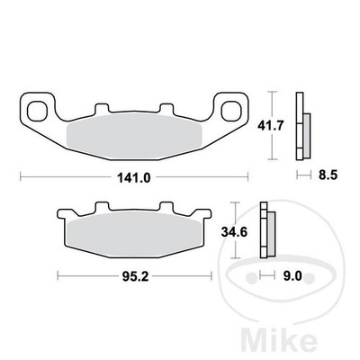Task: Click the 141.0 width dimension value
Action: [x=133, y=178]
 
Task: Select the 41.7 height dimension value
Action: [x=270, y=126]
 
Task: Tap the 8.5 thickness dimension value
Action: [x=328, y=175]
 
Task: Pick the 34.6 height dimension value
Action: [x=234, y=231]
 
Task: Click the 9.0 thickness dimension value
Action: [x=292, y=276]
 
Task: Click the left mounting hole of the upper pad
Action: [x=37, y=111]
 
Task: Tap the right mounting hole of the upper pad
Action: [x=231, y=111]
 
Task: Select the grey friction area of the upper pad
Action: [x=134, y=136]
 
